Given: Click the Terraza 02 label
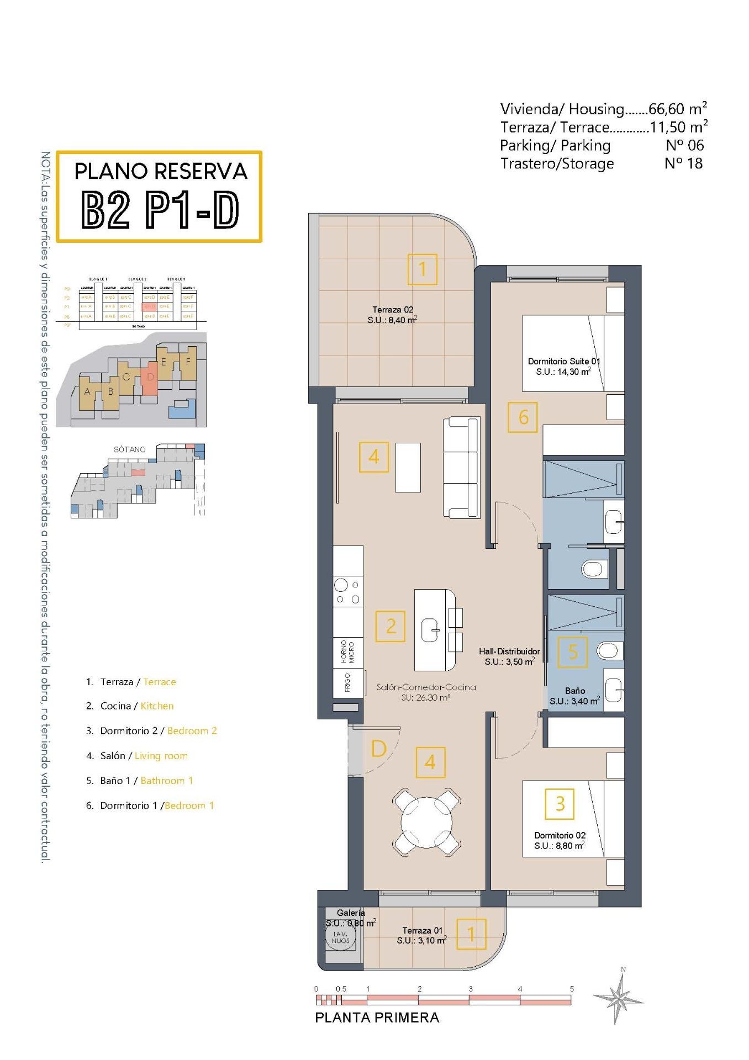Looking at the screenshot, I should coord(392,315).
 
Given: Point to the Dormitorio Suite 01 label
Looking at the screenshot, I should coord(563,367).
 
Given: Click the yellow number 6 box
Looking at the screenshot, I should coord(523,417).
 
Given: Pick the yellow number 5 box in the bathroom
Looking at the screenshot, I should coord(572,652).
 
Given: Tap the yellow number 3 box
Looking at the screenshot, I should coord(560,803).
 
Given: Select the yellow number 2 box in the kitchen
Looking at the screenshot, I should coord(391,626).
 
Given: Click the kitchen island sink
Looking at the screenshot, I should coord(431,630).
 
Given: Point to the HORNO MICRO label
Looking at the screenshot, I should coord(347,652).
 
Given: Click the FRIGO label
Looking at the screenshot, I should coord(347,682).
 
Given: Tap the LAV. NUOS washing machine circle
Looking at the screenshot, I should coord(341,937).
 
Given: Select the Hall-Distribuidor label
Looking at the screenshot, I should coord(509,656).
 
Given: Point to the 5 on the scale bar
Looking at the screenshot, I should coord(572,989).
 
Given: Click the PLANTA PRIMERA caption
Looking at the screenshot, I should coord(377,1017).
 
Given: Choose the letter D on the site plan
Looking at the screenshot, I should coord(150,378).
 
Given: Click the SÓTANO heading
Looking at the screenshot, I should coord(130,449).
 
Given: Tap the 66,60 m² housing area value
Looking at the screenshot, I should coord(667,109).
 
